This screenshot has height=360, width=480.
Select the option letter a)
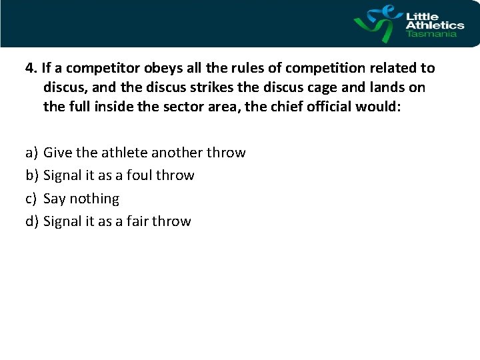point(31,153)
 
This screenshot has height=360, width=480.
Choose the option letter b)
point(31,175)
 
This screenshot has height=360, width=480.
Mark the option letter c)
point(31,199)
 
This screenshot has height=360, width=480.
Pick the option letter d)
point(31,221)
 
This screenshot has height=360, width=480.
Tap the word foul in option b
point(140,175)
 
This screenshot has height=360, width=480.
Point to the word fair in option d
point(137,221)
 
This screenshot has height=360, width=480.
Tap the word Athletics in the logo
point(435,24)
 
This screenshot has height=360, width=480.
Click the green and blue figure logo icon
point(377,23)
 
